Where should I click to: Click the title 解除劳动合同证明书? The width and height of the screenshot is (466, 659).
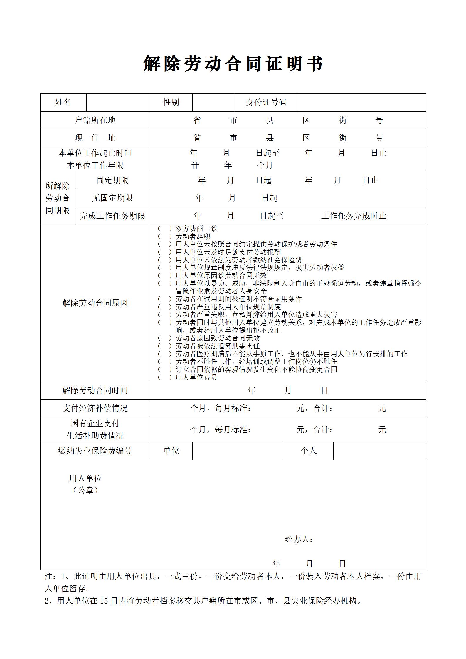(233, 64)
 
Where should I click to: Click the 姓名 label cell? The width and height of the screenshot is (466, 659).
(63, 102)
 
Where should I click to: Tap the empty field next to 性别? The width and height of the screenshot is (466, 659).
(213, 102)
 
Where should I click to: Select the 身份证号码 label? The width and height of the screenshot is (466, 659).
(266, 102)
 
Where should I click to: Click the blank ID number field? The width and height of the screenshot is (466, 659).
(362, 102)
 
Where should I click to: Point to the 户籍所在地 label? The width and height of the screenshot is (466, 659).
(95, 120)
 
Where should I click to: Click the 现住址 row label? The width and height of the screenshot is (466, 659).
(95, 138)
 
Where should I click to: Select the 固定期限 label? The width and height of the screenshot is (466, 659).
(112, 180)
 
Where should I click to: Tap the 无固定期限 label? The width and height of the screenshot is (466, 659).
(112, 198)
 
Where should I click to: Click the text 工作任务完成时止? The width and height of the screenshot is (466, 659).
(354, 216)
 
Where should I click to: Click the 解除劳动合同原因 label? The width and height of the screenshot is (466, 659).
(95, 303)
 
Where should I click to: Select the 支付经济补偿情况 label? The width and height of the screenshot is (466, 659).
(95, 408)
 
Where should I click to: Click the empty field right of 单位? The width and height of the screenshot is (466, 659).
(238, 451)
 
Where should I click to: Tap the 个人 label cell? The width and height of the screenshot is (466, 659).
(308, 451)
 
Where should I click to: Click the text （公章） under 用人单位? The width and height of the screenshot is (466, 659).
(85, 490)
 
